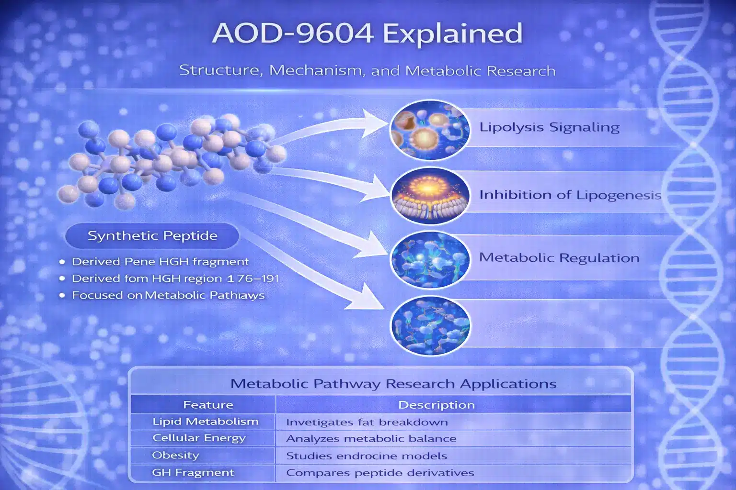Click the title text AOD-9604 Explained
point(368,33)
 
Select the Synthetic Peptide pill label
point(152,235)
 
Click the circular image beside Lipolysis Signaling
point(430,130)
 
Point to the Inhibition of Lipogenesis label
point(570,195)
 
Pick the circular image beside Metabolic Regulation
point(430,260)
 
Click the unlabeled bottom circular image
point(430,325)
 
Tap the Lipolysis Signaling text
point(550,127)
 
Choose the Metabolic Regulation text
point(559,257)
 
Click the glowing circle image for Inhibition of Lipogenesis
point(430,196)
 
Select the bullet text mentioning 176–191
point(175,278)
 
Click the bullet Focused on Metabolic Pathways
point(168,295)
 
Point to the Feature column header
point(208,405)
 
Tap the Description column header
point(437,405)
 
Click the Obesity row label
point(175,455)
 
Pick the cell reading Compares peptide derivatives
point(380,473)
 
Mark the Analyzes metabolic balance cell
point(371,438)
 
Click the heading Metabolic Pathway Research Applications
point(393,384)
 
